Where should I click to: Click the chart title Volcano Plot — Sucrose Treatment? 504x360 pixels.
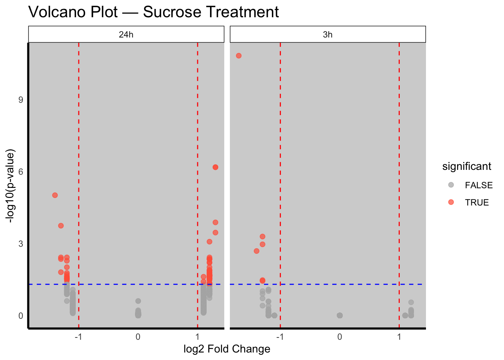click(153, 12)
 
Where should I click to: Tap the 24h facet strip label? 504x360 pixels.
click(126, 34)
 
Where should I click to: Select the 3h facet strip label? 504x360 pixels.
click(327, 34)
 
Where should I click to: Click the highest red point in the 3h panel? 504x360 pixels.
click(238, 56)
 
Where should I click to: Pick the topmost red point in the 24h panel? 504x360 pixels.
click(215, 167)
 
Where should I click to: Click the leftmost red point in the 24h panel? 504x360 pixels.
click(55, 195)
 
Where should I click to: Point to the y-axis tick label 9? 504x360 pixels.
click(21, 100)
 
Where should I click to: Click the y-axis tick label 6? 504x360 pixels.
click(21, 172)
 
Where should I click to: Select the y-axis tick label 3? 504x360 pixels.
click(21, 244)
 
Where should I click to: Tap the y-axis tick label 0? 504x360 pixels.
click(21, 316)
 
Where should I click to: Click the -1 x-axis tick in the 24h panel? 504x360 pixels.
click(78, 337)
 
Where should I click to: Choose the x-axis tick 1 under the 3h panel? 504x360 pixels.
click(399, 337)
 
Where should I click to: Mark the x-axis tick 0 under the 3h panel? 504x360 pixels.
click(339, 337)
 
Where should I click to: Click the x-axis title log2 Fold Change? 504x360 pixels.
click(227, 349)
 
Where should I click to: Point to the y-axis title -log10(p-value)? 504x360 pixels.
click(11, 186)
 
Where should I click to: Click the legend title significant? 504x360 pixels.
click(466, 166)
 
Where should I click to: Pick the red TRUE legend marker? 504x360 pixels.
click(451, 202)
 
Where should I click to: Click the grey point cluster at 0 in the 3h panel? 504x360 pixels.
click(339, 315)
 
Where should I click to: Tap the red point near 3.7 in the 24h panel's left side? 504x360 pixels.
click(61, 226)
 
